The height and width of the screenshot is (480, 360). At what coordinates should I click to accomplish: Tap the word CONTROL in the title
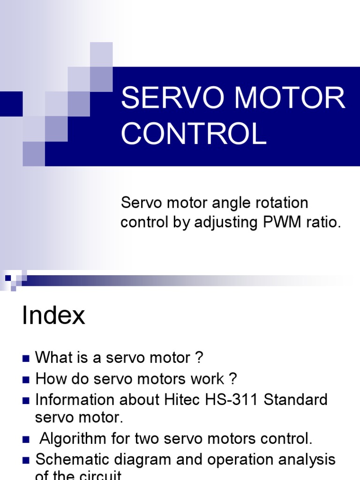pyautogui.click(x=194, y=133)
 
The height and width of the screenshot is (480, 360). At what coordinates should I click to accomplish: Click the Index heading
pyautogui.click(x=53, y=316)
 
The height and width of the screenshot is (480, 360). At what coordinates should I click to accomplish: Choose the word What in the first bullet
pyautogui.click(x=51, y=358)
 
